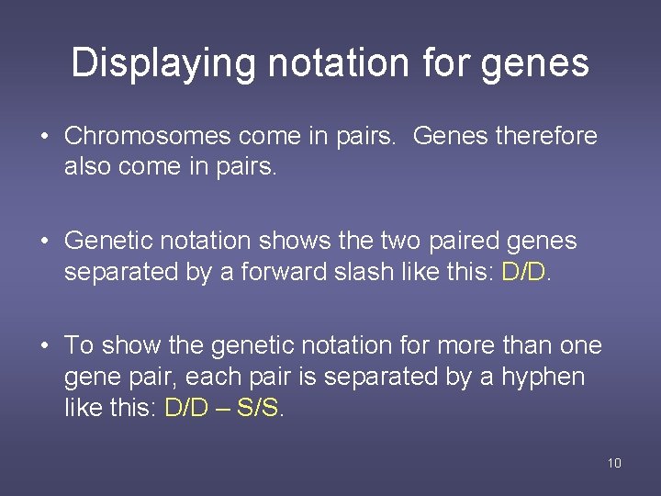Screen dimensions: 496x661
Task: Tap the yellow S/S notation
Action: tap(258, 408)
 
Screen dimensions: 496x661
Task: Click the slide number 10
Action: tap(614, 463)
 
